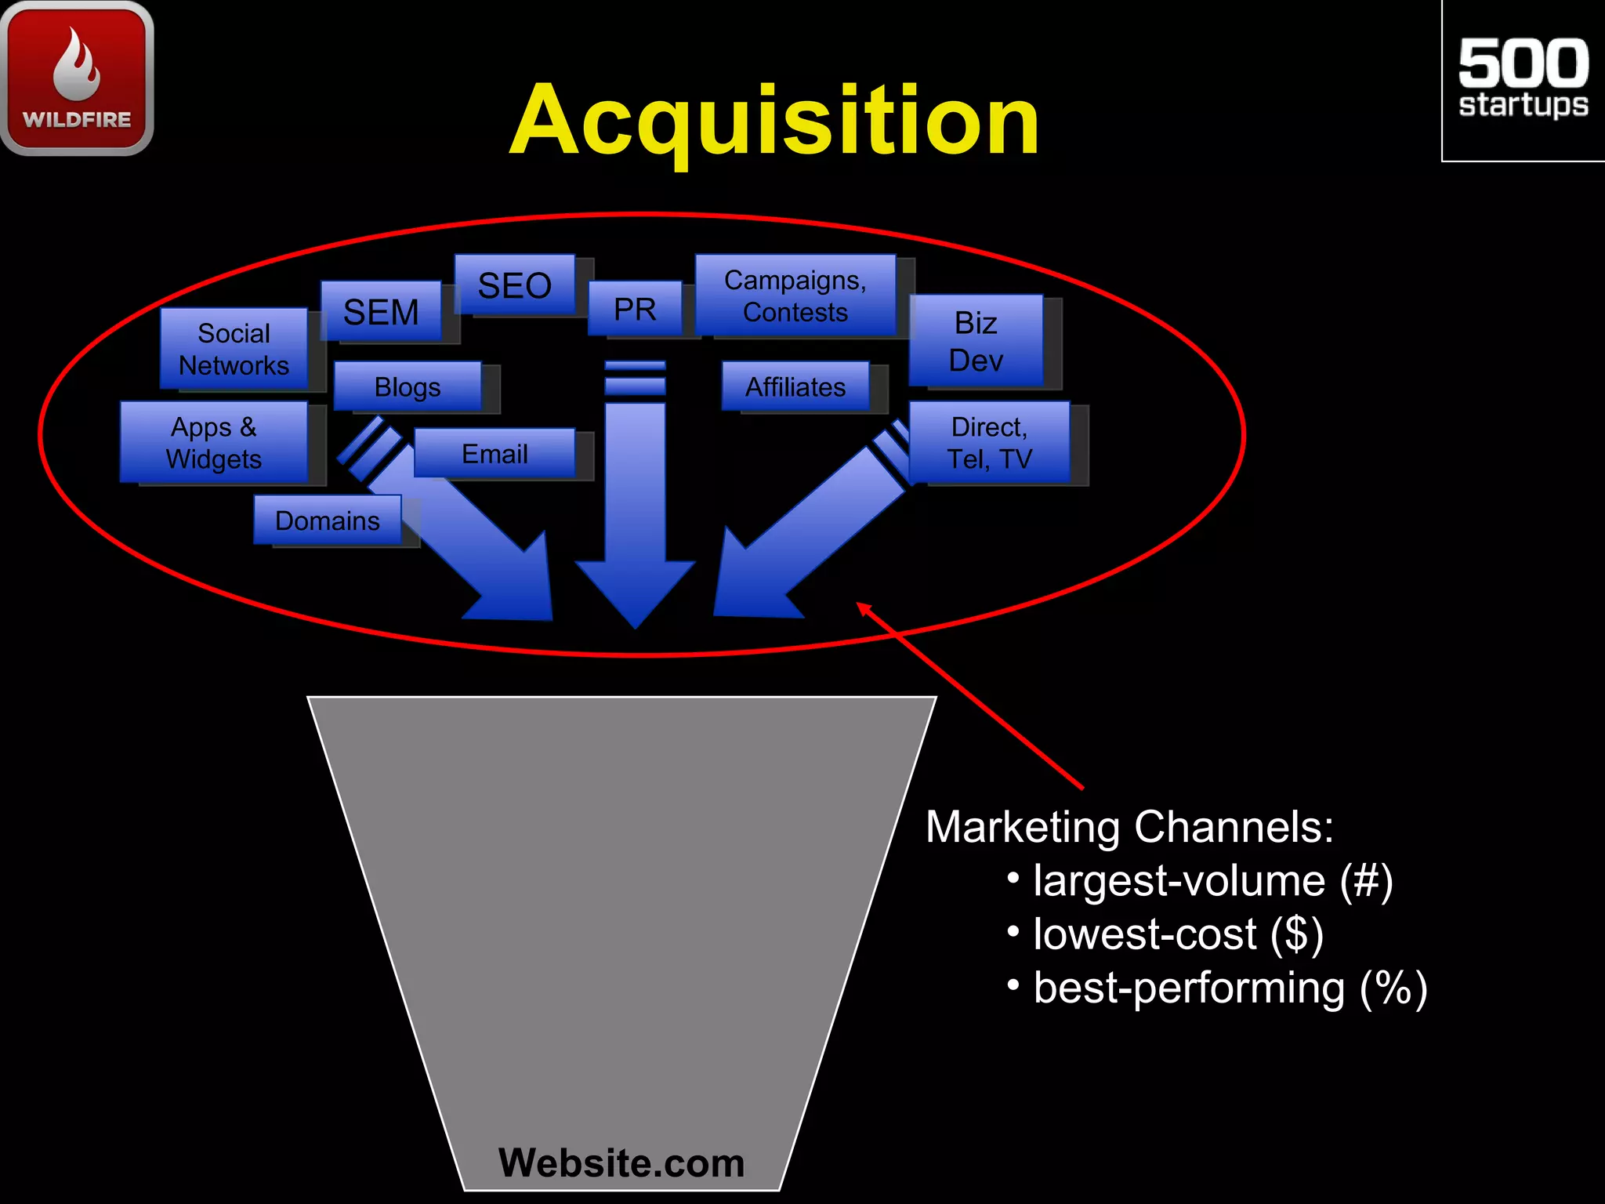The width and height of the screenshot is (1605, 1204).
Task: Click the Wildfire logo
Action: (77, 78)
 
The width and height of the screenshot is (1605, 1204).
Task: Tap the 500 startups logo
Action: (1523, 79)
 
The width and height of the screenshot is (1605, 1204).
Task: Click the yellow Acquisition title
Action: (774, 121)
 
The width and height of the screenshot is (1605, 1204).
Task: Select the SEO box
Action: (515, 285)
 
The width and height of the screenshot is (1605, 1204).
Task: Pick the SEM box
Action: (381, 311)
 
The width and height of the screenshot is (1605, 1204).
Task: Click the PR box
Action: (635, 309)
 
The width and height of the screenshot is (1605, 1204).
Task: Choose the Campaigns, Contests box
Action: (795, 296)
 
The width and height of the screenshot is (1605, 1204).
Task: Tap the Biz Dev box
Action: (976, 341)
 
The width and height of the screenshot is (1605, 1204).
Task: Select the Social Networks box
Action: (234, 349)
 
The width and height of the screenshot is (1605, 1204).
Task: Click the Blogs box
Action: (408, 386)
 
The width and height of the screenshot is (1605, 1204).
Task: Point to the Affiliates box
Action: (795, 386)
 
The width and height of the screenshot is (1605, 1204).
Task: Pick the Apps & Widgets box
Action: (213, 442)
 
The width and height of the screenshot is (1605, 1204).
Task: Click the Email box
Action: (495, 453)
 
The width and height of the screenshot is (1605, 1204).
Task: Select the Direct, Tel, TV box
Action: (989, 442)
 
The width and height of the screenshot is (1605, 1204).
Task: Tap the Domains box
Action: (328, 520)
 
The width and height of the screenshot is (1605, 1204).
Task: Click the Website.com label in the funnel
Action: (621, 1162)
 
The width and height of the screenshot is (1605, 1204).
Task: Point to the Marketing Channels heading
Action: (1129, 827)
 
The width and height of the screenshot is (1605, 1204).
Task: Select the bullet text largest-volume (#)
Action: (1212, 880)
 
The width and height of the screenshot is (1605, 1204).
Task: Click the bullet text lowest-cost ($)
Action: (1178, 934)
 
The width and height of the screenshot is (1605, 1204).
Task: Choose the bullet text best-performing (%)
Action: (1230, 988)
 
